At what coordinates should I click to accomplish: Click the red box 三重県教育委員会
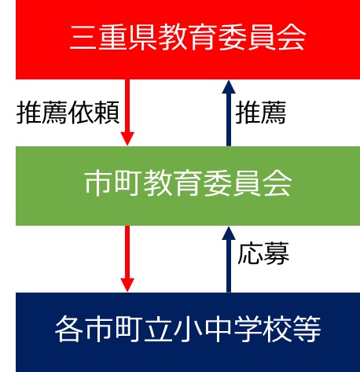pyautogui.click(x=188, y=39)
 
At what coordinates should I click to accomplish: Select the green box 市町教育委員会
pyautogui.click(x=188, y=186)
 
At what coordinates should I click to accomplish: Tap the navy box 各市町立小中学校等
pyautogui.click(x=188, y=332)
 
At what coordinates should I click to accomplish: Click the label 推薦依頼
pyautogui.click(x=68, y=112)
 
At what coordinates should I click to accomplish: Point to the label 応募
pyautogui.click(x=263, y=253)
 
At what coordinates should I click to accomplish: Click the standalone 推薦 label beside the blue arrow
pyautogui.click(x=261, y=112)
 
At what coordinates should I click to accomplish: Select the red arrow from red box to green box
pyautogui.click(x=127, y=112)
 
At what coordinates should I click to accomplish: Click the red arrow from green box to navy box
pyautogui.click(x=127, y=259)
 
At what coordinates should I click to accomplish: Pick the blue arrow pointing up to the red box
pyautogui.click(x=229, y=113)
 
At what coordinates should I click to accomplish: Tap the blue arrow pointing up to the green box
pyautogui.click(x=229, y=260)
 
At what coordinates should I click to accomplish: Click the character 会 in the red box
pyautogui.click(x=292, y=38)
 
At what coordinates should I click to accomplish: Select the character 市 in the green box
pyautogui.click(x=97, y=183)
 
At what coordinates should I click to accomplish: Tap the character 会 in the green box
pyautogui.click(x=277, y=183)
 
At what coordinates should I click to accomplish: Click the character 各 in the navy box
pyautogui.click(x=69, y=329)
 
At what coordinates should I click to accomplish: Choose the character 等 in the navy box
pyautogui.click(x=307, y=329)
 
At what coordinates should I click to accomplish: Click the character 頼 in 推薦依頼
pyautogui.click(x=107, y=112)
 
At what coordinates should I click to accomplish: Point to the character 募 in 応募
pyautogui.click(x=277, y=253)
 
